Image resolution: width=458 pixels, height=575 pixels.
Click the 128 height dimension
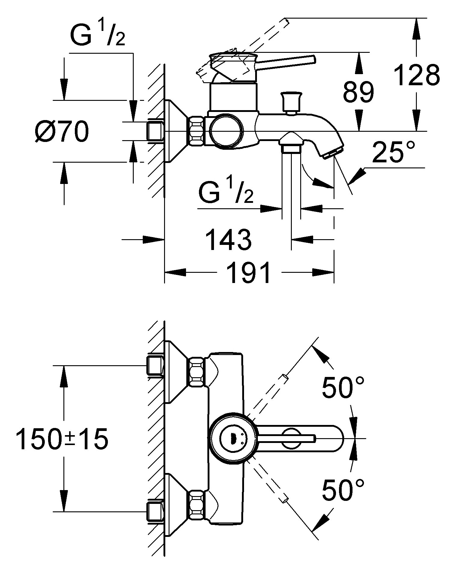(417, 75)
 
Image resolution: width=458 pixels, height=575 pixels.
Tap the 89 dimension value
(359, 92)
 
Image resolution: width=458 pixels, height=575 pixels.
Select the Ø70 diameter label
(62, 132)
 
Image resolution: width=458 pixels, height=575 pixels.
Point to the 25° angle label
(394, 152)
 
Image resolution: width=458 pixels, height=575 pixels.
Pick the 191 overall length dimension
(249, 273)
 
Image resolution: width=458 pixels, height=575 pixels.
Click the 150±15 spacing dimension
(62, 439)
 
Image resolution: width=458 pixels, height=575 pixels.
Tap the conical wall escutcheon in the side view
(176, 131)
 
